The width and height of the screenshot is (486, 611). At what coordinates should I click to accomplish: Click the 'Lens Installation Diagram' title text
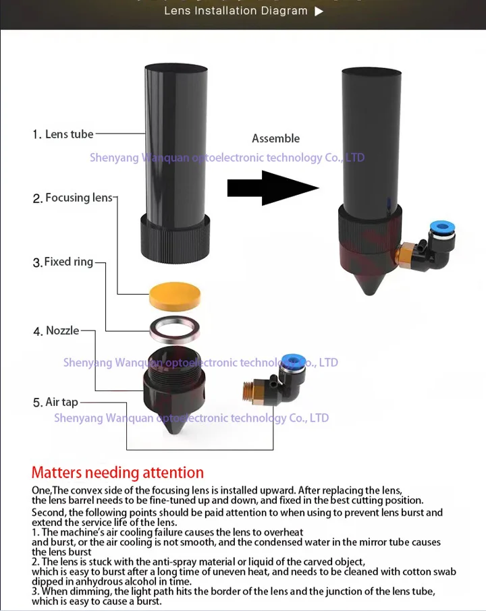[236, 11]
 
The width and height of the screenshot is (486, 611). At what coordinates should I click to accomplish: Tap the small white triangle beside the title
[319, 11]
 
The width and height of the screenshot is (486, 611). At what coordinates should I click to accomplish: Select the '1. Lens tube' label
[63, 134]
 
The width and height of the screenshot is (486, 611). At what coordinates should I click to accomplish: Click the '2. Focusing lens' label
[72, 198]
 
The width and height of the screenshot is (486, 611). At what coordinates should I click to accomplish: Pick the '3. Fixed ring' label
[63, 262]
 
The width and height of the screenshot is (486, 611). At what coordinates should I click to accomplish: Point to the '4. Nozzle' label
[56, 330]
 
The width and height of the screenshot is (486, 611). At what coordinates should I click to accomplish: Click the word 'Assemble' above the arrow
[275, 138]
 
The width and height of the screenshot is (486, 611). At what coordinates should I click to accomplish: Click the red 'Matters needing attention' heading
[117, 473]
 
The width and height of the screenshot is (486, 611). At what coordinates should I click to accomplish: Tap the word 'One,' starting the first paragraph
[42, 490]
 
